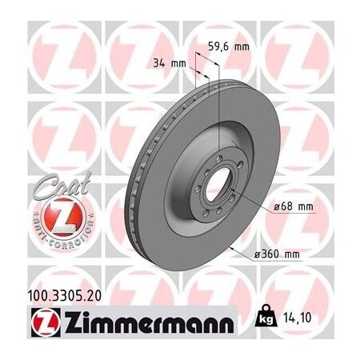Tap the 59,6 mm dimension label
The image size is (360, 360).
[x=228, y=46]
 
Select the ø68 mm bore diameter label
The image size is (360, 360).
[x=291, y=206]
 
